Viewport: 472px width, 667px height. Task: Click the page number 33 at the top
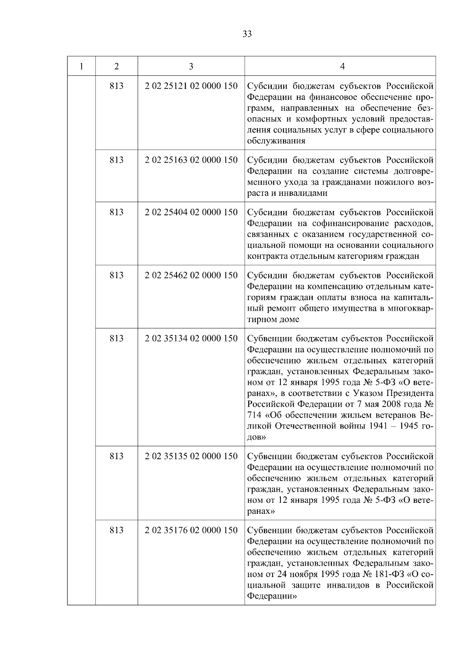tap(247, 34)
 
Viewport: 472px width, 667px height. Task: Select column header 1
tap(81, 66)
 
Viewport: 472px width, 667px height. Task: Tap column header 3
tap(191, 66)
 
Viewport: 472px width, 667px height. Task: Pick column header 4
tap(342, 66)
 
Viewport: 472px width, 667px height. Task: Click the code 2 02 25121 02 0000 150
tap(191, 86)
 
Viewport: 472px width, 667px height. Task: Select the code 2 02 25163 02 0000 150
tap(191, 160)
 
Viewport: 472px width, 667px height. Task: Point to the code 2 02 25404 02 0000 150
tap(191, 212)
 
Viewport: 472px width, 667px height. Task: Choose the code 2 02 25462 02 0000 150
tap(191, 275)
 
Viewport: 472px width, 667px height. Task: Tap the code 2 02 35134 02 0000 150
tap(191, 338)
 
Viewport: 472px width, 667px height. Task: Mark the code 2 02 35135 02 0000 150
tap(191, 456)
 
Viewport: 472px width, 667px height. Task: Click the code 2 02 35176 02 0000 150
tap(191, 530)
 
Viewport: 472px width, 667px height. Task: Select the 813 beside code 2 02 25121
tap(116, 86)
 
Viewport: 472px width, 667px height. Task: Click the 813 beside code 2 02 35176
tap(116, 530)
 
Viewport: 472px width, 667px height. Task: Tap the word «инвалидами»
tap(302, 193)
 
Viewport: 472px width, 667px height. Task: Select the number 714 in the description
tap(254, 416)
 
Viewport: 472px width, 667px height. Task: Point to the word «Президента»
tap(410, 393)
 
